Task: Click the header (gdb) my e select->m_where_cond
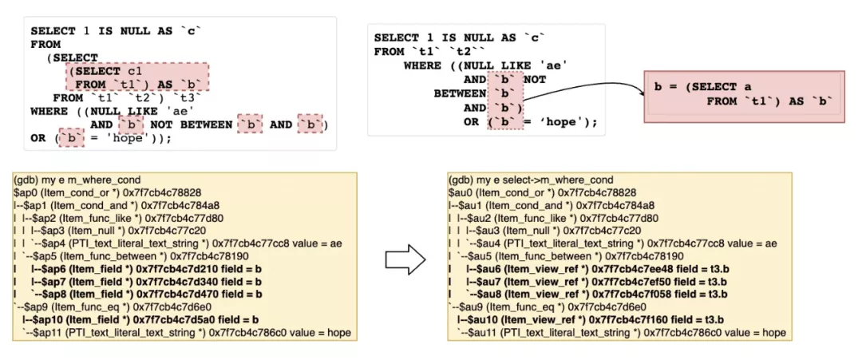(530, 179)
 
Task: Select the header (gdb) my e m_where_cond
(77, 179)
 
